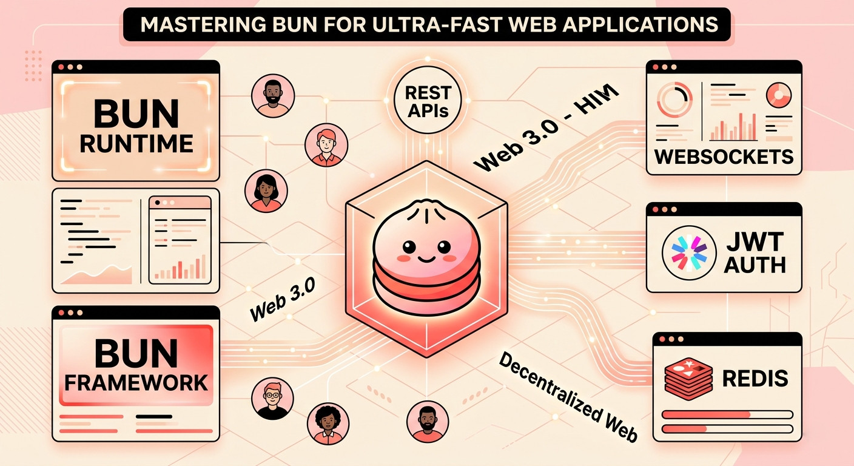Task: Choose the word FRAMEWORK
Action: tap(136, 383)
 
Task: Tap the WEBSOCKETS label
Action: tap(724, 156)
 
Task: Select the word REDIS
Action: tap(755, 379)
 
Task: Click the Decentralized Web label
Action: tap(567, 397)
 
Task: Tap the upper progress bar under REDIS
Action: tap(727, 414)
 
